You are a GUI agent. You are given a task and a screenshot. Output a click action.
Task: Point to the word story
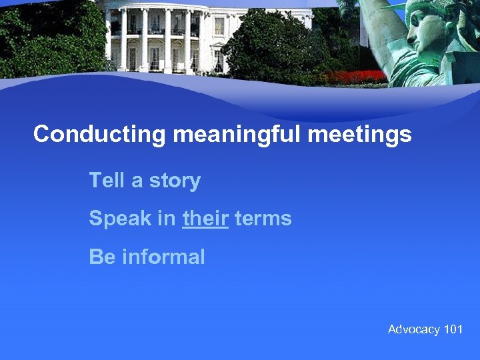coord(175,181)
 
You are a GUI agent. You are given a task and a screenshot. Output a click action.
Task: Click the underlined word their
coord(205,219)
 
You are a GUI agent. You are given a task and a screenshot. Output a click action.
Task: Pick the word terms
coord(263,219)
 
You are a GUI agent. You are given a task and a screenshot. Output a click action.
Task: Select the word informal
coord(163,257)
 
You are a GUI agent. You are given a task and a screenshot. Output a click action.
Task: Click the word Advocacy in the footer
coord(414,329)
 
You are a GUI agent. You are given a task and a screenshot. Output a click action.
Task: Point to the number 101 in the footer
coord(453,329)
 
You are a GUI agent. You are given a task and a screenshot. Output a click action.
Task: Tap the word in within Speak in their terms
coord(167,219)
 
